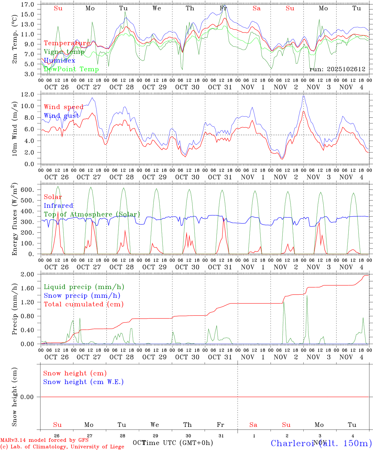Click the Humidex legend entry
(x=59, y=61)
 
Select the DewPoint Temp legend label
(x=71, y=69)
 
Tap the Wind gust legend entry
(x=61, y=116)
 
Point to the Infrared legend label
(x=58, y=206)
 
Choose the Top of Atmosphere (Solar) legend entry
(x=92, y=214)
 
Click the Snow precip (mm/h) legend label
(x=82, y=296)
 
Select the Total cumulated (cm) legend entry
(x=83, y=304)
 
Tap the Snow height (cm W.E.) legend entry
(x=83, y=382)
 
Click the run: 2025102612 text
(x=337, y=69)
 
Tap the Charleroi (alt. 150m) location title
(x=321, y=443)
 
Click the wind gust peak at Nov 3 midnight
(x=303, y=96)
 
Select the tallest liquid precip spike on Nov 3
(x=307, y=296)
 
